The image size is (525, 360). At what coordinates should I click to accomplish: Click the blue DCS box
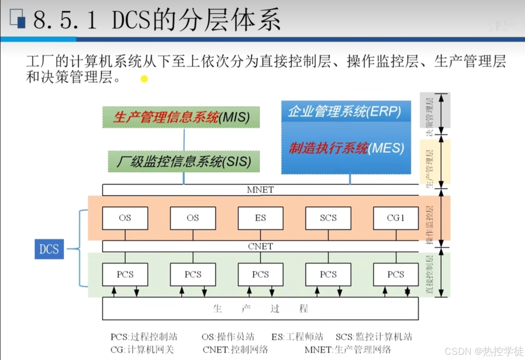pyautogui.click(x=49, y=249)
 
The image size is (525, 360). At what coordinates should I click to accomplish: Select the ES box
pyautogui.click(x=260, y=218)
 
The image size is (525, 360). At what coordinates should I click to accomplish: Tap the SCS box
pyautogui.click(x=328, y=218)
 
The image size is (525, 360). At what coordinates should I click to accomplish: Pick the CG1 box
pyautogui.click(x=396, y=218)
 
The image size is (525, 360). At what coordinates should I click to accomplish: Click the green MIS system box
pyautogui.click(x=181, y=117)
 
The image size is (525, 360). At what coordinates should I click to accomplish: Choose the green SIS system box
pyautogui.click(x=184, y=161)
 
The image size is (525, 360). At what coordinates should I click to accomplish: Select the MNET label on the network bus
pyautogui.click(x=260, y=190)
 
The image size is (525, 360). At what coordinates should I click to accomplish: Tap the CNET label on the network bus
pyautogui.click(x=260, y=246)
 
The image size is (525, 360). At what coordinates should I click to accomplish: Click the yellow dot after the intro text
pyautogui.click(x=144, y=79)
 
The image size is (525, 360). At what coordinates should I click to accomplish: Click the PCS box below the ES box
pyautogui.click(x=260, y=274)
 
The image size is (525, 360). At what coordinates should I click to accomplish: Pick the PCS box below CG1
pyautogui.click(x=396, y=274)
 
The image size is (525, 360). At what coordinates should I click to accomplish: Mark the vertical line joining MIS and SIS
pyautogui.click(x=184, y=139)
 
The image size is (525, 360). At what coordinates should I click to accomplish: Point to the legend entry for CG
pyautogui.click(x=142, y=350)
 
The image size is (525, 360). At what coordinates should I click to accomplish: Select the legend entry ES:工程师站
pyautogui.click(x=297, y=337)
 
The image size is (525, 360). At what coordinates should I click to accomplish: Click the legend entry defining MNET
pyautogui.click(x=348, y=350)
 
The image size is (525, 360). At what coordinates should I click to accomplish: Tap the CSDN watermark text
pyautogui.click(x=484, y=351)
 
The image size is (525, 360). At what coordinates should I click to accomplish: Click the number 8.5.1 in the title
pyautogui.click(x=65, y=20)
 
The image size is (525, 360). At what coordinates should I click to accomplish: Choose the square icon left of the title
pyautogui.click(x=18, y=19)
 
